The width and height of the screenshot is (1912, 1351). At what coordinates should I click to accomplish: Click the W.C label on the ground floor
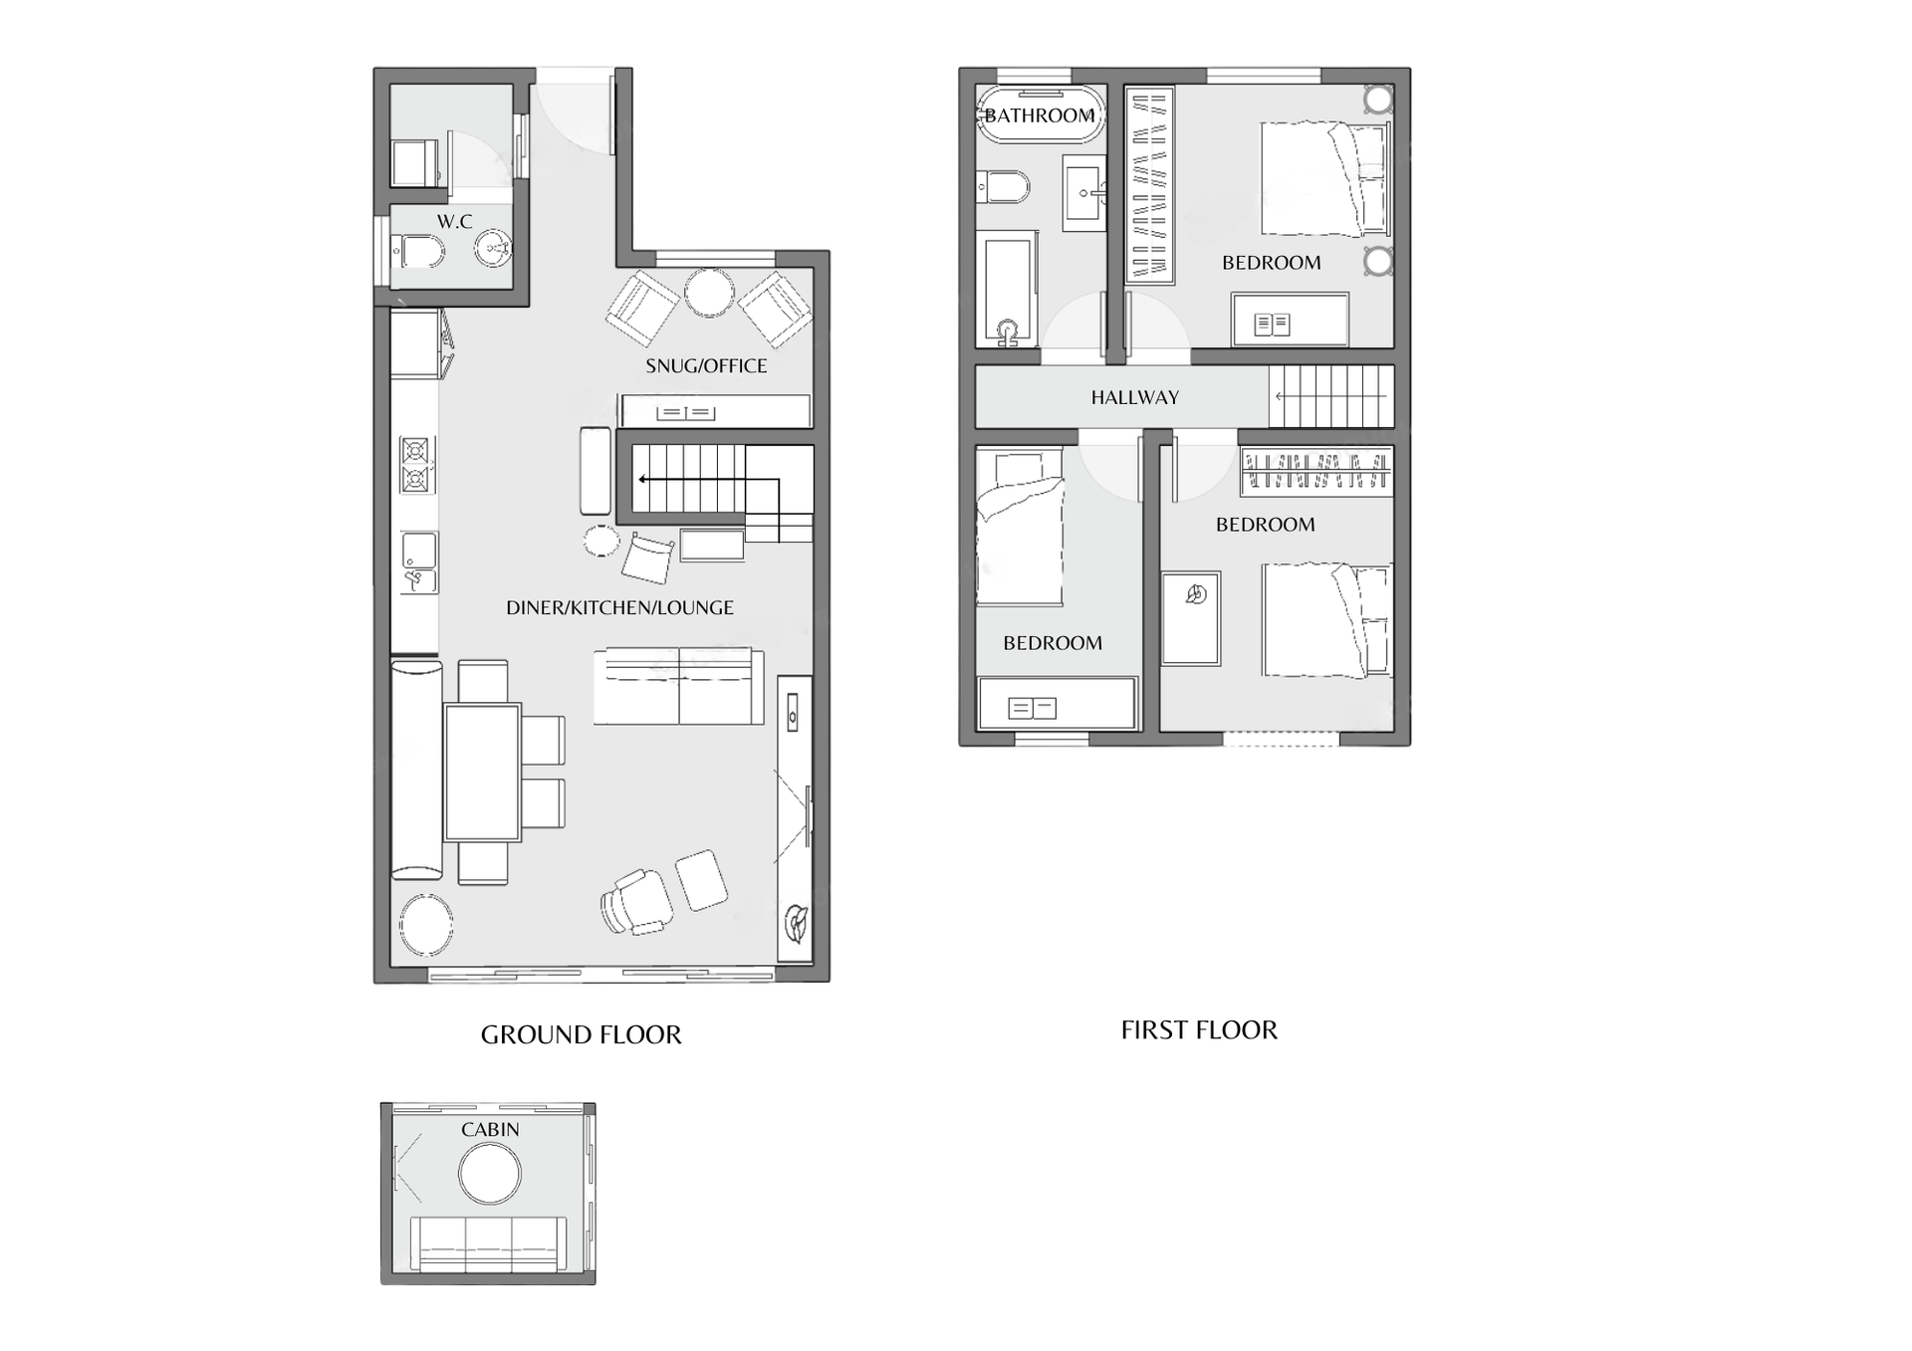454,221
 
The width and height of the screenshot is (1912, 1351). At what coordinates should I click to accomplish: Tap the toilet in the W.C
417,251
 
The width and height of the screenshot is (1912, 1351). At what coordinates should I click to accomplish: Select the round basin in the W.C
492,248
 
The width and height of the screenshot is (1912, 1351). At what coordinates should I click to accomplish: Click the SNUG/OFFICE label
706,365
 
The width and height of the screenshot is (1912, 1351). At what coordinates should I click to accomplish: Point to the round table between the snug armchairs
709,293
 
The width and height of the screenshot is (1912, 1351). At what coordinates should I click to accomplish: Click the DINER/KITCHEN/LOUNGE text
619,607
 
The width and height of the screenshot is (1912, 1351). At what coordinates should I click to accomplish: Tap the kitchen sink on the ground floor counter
418,563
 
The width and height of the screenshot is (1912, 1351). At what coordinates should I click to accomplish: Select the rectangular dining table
482,773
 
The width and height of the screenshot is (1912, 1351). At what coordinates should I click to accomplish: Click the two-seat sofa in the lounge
679,686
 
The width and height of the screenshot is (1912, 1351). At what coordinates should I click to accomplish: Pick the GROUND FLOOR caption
582,1034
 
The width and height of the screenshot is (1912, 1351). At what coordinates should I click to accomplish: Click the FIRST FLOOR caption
1199,1029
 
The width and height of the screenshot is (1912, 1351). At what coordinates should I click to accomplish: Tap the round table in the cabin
489,1173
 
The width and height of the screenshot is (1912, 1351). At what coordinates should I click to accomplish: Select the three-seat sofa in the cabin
488,1243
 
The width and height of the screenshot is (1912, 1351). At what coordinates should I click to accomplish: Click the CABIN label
490,1129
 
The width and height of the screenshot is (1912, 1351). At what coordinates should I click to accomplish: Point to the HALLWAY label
1135,397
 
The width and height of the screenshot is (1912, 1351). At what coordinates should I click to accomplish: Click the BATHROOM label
1040,115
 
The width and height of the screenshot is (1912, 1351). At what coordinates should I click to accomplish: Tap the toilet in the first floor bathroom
1003,186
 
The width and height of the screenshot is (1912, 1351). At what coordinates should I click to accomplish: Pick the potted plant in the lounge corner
796,922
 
